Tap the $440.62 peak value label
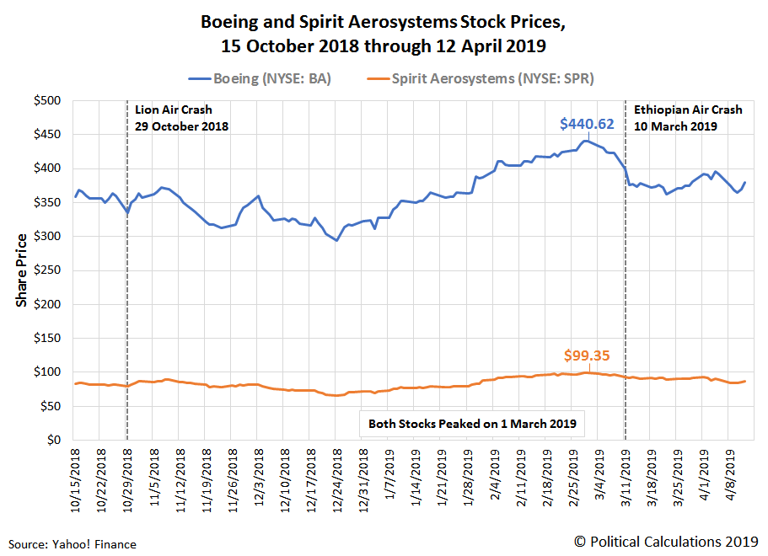pos(587,124)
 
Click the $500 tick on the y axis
pos(46,100)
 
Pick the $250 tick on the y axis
pos(46,270)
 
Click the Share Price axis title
pos(22,270)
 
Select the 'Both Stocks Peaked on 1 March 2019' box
pos(472,424)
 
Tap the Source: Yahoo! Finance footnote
pos(73,544)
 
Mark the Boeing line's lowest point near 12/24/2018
pos(336,240)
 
